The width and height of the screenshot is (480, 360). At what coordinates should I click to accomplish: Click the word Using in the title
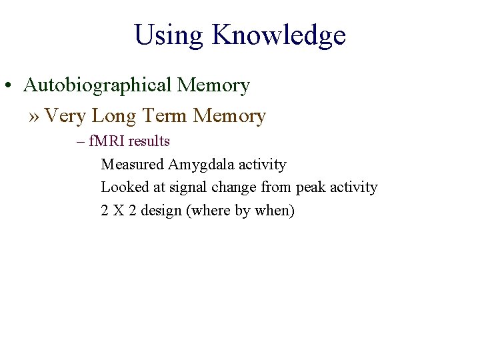pos(169,35)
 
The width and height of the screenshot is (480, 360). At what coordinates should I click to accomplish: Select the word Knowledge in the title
pos(279,35)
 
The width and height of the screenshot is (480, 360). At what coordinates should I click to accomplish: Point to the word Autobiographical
pos(97,85)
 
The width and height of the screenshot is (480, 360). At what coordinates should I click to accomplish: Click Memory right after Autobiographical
pos(213,85)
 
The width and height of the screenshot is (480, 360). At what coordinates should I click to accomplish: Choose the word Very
pos(65,117)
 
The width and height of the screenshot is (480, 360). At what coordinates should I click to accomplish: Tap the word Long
pos(114,117)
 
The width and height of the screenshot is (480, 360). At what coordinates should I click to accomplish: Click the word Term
pos(164,117)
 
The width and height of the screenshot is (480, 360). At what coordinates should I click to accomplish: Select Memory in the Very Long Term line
pos(229,117)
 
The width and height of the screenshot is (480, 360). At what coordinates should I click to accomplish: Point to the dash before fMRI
pos(81,141)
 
